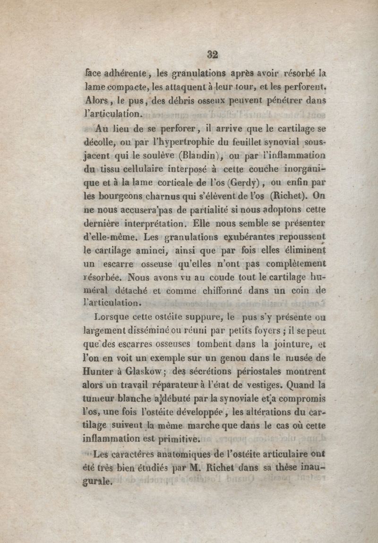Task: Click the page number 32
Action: coord(212,54)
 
